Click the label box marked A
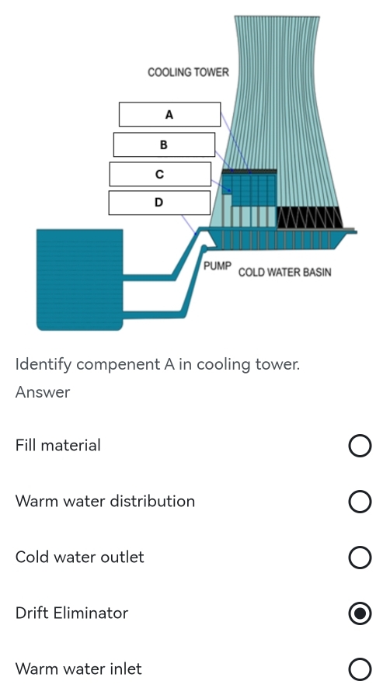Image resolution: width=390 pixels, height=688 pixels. pyautogui.click(x=169, y=114)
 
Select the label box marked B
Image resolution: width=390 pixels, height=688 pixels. pyautogui.click(x=164, y=144)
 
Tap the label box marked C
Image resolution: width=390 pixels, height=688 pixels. pyautogui.click(x=160, y=174)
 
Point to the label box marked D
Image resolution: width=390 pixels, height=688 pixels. pyautogui.click(x=159, y=203)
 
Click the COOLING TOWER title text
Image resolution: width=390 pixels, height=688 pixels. pyautogui.click(x=189, y=72)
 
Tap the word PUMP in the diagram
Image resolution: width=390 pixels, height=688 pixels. pyautogui.click(x=218, y=266)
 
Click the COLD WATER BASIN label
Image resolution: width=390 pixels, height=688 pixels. pyautogui.click(x=285, y=273)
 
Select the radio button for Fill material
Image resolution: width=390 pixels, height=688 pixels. pyautogui.click(x=360, y=446)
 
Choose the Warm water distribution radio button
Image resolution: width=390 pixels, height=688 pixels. pyautogui.click(x=360, y=502)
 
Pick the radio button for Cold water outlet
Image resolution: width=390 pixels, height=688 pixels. pyautogui.click(x=360, y=558)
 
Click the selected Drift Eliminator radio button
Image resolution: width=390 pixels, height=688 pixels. pyautogui.click(x=360, y=613)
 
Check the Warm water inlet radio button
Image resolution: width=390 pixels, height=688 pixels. pyautogui.click(x=360, y=669)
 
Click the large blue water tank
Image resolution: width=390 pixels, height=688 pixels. pyautogui.click(x=79, y=280)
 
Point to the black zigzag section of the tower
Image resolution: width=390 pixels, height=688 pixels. pyautogui.click(x=310, y=217)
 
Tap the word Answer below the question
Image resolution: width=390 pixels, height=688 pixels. pyautogui.click(x=43, y=392)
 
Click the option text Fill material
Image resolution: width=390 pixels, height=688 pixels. pyautogui.click(x=58, y=446)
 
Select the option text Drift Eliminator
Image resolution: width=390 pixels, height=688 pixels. pyautogui.click(x=72, y=613)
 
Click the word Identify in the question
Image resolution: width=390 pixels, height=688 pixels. pyautogui.click(x=44, y=365)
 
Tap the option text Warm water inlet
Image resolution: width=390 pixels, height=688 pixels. pyautogui.click(x=78, y=669)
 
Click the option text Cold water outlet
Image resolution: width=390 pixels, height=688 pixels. pyautogui.click(x=80, y=558)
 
